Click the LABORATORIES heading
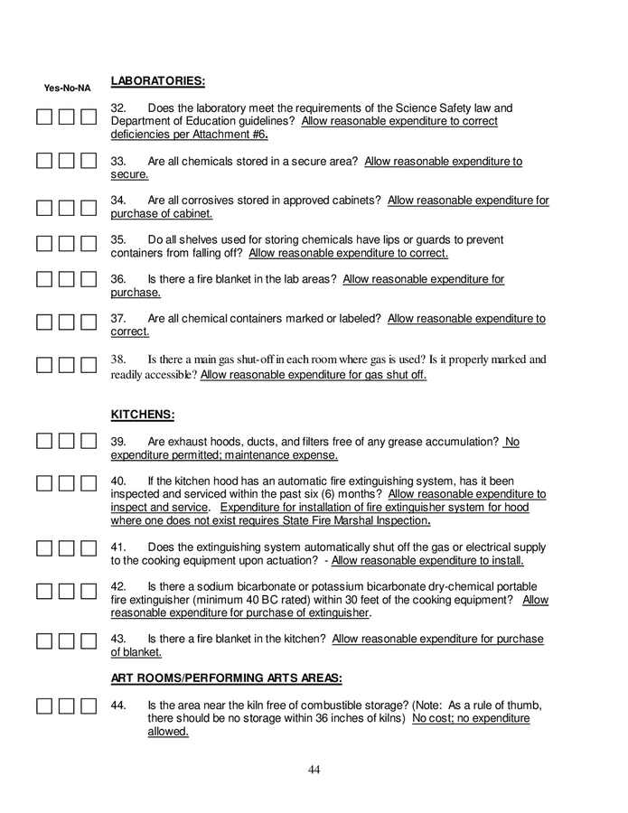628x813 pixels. click(157, 81)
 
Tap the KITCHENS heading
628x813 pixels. click(142, 415)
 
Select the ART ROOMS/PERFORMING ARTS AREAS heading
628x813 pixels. click(226, 678)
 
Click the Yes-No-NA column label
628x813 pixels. click(68, 89)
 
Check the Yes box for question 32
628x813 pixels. click(44, 117)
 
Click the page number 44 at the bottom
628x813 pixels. click(314, 770)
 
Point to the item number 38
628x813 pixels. click(118, 360)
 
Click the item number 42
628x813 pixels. click(118, 586)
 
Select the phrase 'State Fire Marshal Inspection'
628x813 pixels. click(353, 521)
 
